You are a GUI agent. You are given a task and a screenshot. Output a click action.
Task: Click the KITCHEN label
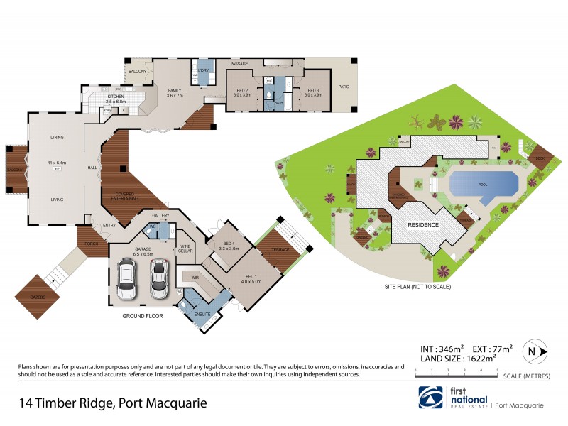116,97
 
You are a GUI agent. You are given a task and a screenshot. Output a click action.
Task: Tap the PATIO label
344,86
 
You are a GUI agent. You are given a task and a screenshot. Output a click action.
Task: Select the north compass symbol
532,351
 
